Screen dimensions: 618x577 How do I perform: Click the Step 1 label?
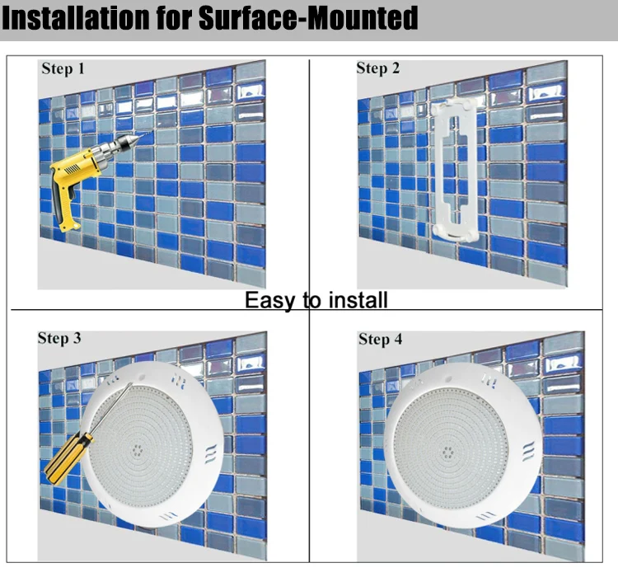coord(63,68)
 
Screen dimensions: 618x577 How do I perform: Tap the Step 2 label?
coord(378,68)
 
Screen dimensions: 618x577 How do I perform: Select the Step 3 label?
coord(59,338)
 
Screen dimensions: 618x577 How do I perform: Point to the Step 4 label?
coord(381,339)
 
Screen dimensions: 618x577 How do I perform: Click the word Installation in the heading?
coord(76,17)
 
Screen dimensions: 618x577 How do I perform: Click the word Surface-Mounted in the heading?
coord(308,17)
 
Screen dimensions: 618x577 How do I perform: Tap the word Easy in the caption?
coord(270,301)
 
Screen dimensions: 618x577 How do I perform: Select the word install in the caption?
coord(358,300)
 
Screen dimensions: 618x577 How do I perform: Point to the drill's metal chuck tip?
coord(135,138)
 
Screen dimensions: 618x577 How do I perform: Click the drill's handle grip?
coord(66,205)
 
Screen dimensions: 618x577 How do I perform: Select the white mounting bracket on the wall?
coord(455,170)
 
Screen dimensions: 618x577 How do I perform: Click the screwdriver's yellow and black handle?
coord(67,457)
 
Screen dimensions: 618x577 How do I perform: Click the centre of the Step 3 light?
coord(137,449)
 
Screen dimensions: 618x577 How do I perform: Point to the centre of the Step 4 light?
coord(447,452)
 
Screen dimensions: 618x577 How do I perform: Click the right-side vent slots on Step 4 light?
coord(528,451)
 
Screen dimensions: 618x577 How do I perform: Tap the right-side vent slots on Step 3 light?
coord(211,453)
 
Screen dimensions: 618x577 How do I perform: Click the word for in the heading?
coord(174,17)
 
